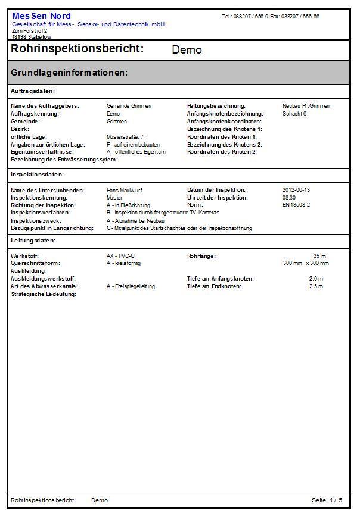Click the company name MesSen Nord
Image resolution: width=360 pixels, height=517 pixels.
coord(41,16)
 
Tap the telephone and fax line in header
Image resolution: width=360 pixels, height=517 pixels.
coord(271,17)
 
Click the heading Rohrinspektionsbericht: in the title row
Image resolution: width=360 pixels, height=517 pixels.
coord(77,49)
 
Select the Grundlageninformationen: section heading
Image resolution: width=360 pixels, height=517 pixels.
coord(69,73)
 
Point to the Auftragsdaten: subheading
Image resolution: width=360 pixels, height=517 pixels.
coord(33,91)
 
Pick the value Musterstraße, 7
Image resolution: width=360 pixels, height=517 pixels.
coord(125,137)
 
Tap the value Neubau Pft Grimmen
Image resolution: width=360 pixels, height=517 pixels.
coord(306,106)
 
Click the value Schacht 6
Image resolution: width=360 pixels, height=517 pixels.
coord(294,114)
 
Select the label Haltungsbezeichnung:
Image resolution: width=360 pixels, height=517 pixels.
coord(216,106)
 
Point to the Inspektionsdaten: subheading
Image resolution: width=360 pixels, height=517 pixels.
coord(37,175)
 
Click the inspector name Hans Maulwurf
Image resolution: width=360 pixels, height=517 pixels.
coord(124,191)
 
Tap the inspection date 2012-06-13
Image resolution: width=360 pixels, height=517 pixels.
coord(296,190)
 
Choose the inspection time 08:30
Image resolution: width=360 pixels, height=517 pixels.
coord(288,198)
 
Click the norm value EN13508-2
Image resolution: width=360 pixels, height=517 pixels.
coord(297,205)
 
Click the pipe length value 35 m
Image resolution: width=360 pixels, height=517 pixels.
coord(319,256)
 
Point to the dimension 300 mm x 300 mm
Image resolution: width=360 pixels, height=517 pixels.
coord(305,263)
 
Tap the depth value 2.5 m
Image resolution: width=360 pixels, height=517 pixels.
coord(316,286)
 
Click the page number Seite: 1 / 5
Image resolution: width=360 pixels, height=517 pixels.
coord(327,500)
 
